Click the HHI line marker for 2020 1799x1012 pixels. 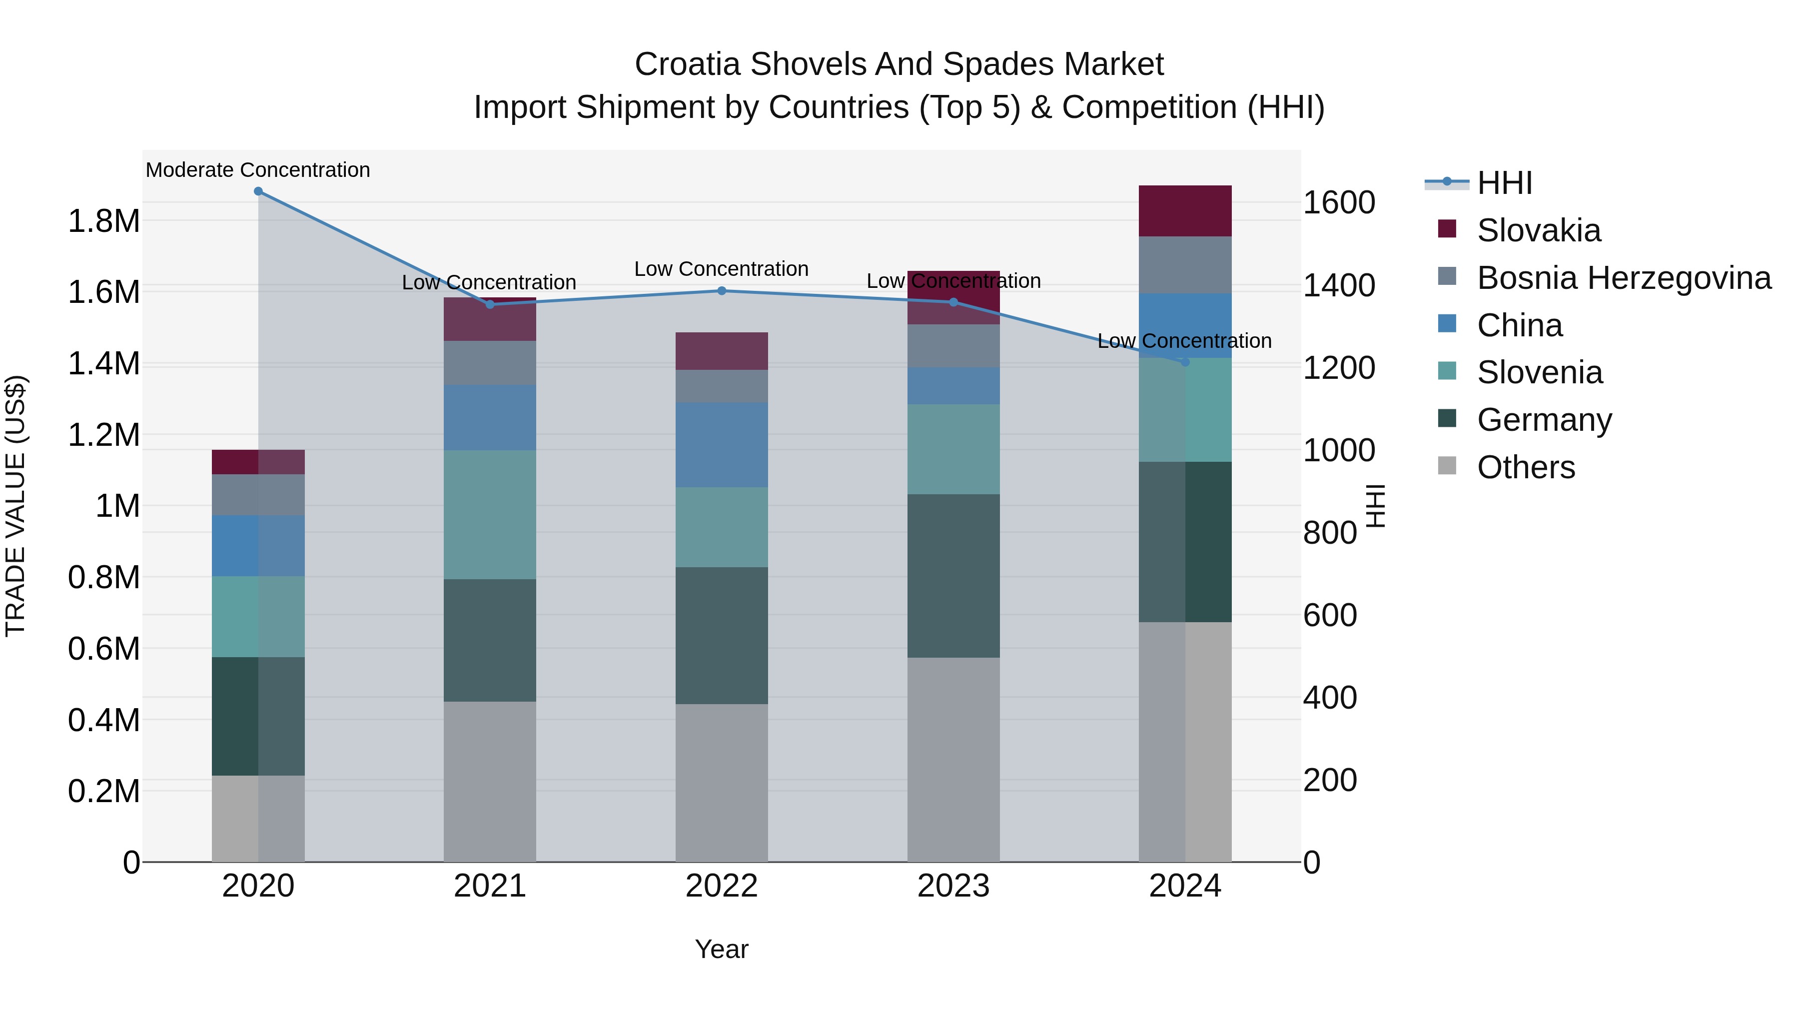coord(258,191)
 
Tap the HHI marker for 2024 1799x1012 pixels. coord(1185,362)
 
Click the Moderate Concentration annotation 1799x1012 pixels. coord(258,170)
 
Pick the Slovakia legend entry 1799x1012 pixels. coord(1539,230)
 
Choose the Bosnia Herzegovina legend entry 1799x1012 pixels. coord(1624,278)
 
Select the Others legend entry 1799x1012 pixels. coord(1526,467)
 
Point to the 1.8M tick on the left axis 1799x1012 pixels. coord(103,221)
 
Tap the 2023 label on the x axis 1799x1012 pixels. coord(953,886)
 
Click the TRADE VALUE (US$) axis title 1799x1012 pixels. coord(15,506)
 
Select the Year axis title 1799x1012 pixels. coord(722,949)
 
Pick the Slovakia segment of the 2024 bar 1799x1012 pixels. coord(1185,211)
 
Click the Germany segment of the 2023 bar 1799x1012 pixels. coord(953,576)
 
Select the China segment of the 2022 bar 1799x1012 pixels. coord(722,444)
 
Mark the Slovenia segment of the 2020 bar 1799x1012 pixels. coord(258,616)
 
